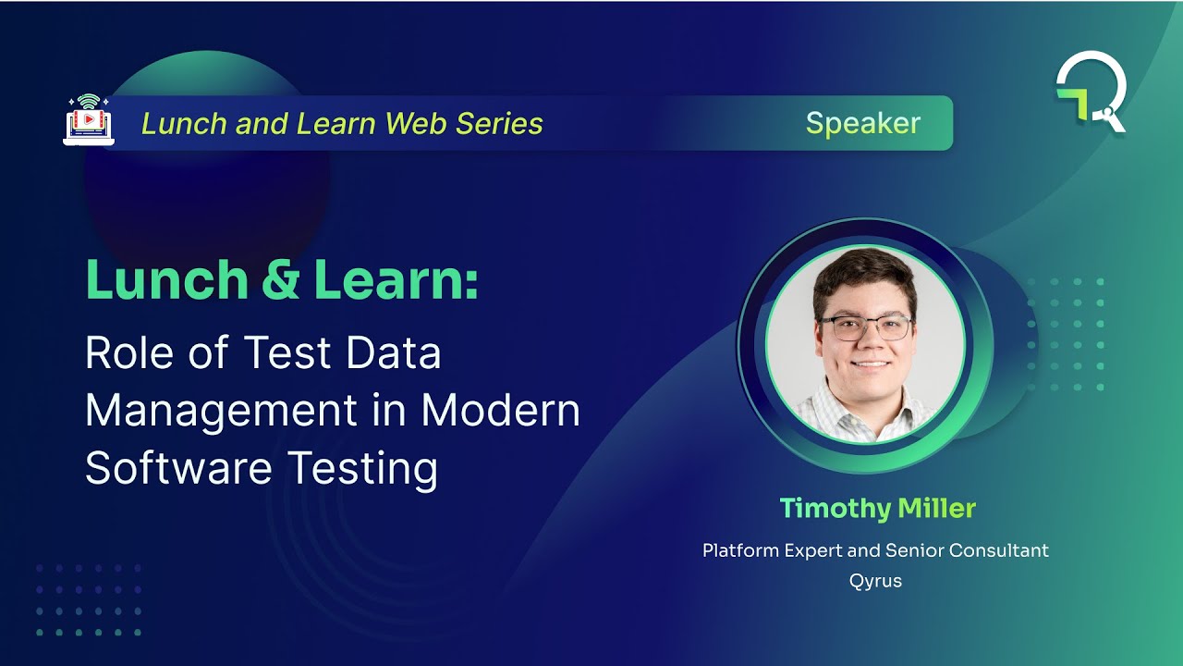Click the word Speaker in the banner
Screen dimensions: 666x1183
862,123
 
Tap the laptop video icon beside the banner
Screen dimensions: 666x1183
88,118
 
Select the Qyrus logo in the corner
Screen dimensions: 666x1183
1092,92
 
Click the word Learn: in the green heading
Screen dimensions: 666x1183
396,280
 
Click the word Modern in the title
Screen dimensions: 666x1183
501,411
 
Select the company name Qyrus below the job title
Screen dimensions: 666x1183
875,581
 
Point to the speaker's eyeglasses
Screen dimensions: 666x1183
865,327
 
